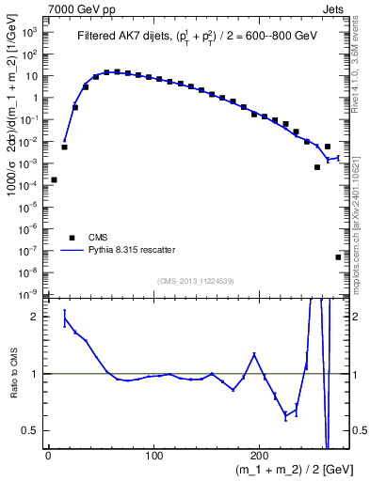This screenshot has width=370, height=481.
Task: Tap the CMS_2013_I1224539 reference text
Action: pyautogui.click(x=196, y=282)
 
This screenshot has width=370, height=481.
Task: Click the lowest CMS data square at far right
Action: pyautogui.click(x=338, y=256)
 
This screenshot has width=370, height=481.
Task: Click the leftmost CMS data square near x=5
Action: pyautogui.click(x=54, y=179)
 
